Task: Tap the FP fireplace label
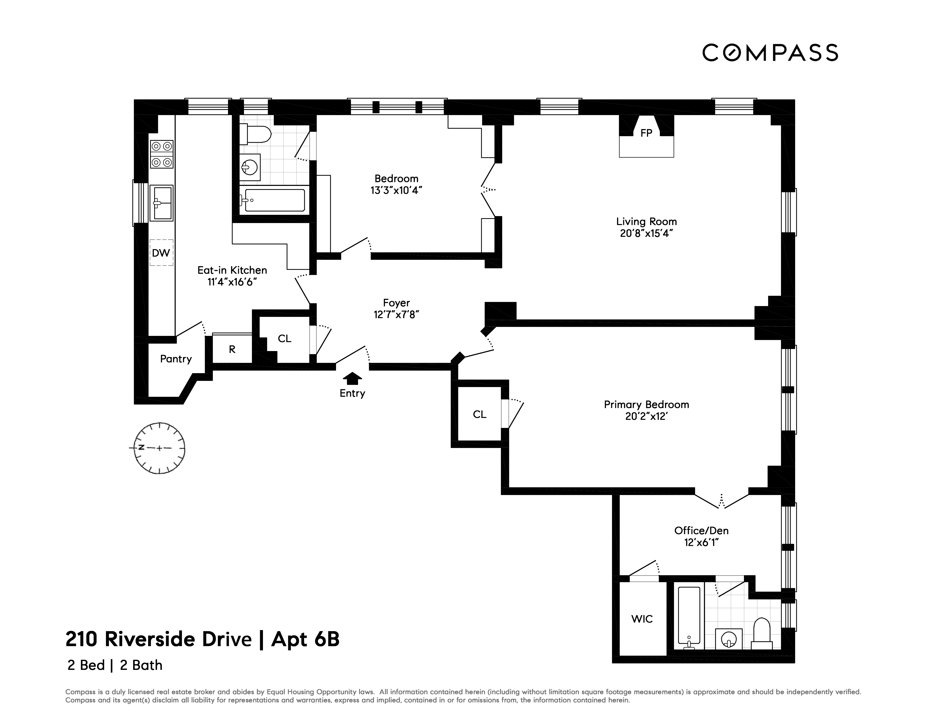[x=646, y=133]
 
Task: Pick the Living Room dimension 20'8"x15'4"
[x=646, y=233]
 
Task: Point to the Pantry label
[x=176, y=359]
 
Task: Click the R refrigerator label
[x=232, y=349]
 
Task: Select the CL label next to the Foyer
[x=284, y=338]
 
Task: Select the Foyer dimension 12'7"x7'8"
[x=396, y=315]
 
